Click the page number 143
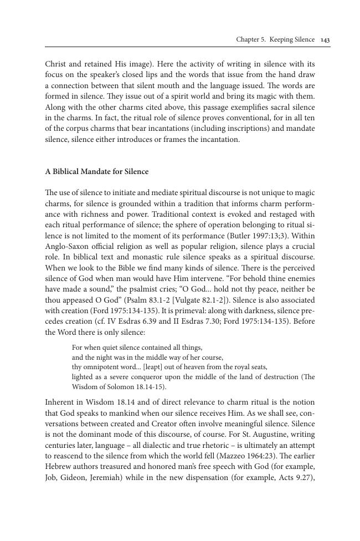326,40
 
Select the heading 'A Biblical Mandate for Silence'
96,172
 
